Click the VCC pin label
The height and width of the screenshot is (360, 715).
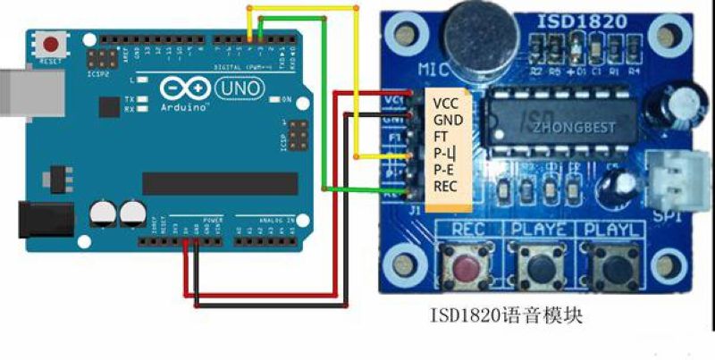click(x=445, y=102)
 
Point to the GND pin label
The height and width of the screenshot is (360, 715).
click(x=446, y=119)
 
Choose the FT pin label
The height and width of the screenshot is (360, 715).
click(x=441, y=136)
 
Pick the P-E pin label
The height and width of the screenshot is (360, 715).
click(x=444, y=169)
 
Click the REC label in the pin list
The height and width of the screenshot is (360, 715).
click(x=445, y=185)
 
